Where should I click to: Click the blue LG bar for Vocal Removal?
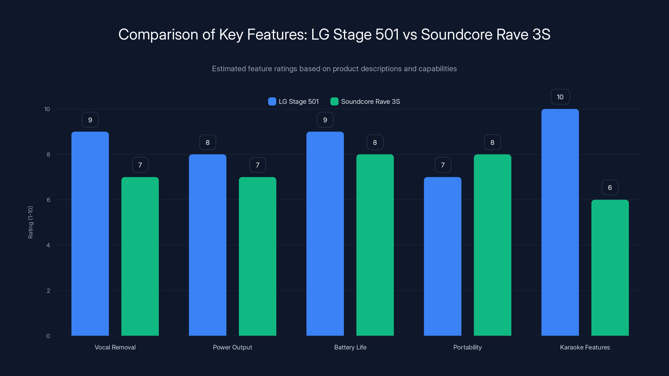90,234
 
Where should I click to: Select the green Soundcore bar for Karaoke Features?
610,268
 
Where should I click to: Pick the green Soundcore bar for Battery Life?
375,245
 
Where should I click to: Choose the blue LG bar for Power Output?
208,245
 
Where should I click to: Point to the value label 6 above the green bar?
610,188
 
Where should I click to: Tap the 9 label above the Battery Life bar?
325,120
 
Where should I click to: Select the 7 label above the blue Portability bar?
443,165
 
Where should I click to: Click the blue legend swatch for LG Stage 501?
272,102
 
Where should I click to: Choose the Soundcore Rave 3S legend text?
370,102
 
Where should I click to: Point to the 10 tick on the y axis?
47,109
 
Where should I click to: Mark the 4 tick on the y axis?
48,245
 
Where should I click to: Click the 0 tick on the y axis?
48,336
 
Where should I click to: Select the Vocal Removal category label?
115,347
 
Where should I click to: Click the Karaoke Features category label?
585,347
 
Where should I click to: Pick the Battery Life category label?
350,347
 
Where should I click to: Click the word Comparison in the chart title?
158,34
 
